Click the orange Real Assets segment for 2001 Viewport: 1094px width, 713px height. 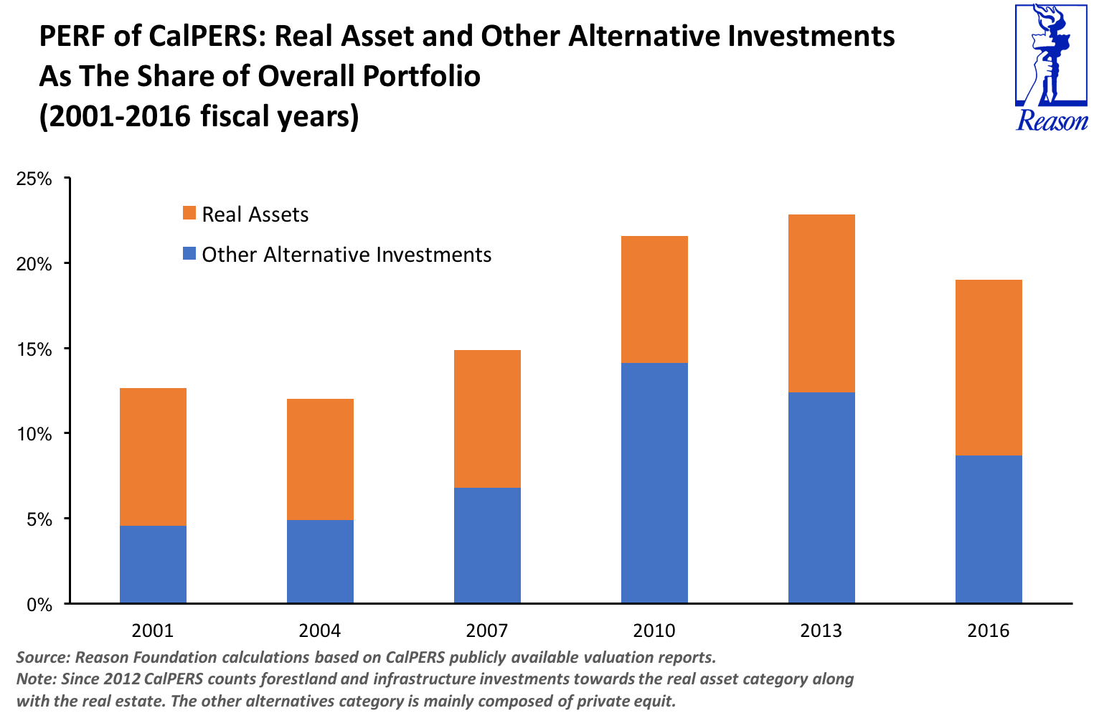(x=153, y=457)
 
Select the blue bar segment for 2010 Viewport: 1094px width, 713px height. (x=654, y=482)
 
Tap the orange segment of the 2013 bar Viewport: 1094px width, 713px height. (x=821, y=303)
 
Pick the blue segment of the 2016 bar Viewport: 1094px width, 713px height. (x=989, y=529)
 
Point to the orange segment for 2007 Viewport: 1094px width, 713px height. (x=487, y=419)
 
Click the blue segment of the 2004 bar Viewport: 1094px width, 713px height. (x=320, y=561)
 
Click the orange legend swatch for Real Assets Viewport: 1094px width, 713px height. (x=189, y=214)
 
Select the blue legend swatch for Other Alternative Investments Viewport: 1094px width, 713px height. (x=189, y=254)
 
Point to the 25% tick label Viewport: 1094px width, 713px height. (x=34, y=179)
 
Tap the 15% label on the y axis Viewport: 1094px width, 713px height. (x=34, y=349)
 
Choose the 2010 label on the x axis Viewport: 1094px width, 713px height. (x=654, y=631)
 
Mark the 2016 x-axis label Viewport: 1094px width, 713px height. (x=989, y=631)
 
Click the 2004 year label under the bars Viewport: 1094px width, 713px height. (x=320, y=631)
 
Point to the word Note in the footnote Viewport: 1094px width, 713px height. (x=34, y=679)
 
